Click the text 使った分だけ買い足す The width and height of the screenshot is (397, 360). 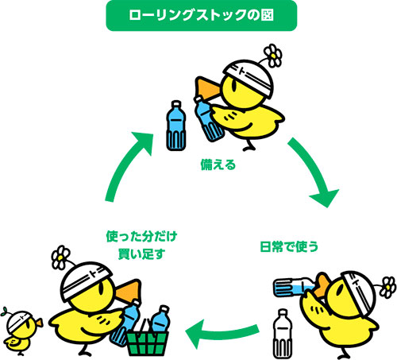(x=141, y=244)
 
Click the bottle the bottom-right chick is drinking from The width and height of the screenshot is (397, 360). (x=297, y=285)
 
